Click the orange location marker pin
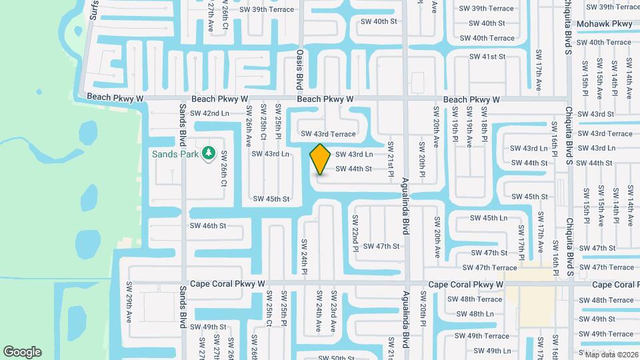coord(321,159)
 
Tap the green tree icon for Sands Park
coord(209,153)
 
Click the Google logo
coord(22,352)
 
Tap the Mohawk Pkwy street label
coord(604,24)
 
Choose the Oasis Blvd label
coord(300,69)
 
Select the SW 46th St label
coord(208,226)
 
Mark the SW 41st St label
coord(488,57)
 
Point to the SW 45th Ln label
coord(489,218)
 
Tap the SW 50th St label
coord(336,358)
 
